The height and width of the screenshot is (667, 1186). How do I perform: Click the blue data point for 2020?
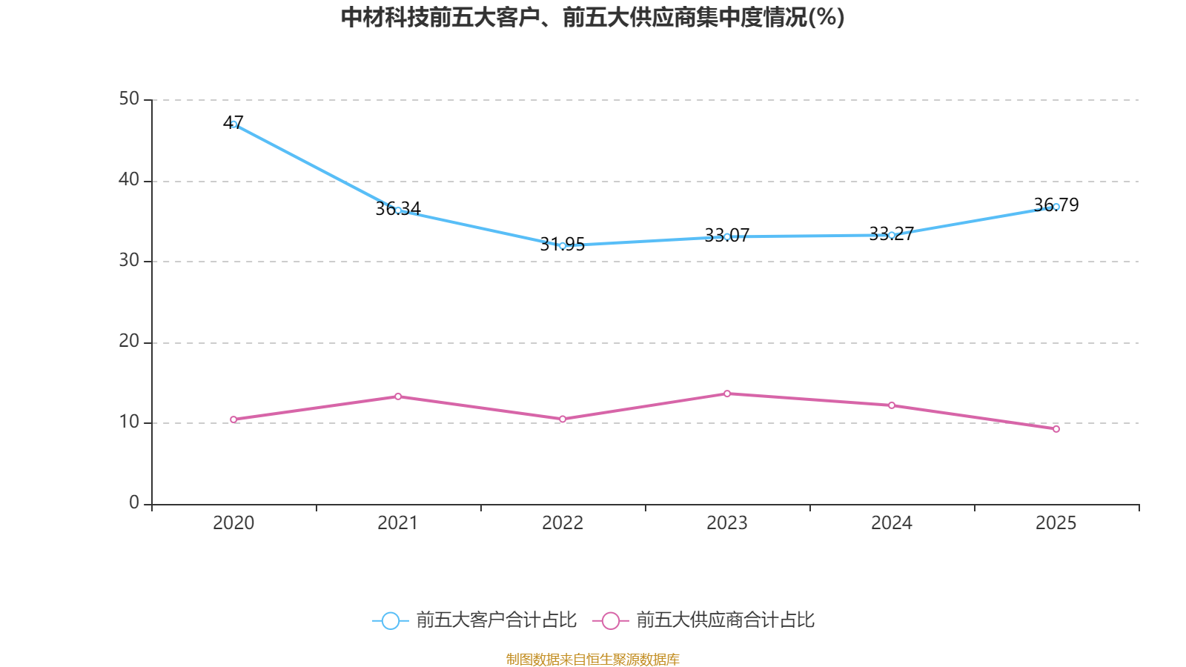pos(233,125)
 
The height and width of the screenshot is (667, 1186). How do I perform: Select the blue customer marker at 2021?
pos(398,210)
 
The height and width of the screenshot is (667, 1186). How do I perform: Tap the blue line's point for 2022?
pos(563,245)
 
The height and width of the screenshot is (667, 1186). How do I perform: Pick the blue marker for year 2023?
pos(727,236)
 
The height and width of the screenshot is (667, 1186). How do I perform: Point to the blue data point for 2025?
pos(1056,207)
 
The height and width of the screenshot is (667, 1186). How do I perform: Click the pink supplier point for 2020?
pos(233,419)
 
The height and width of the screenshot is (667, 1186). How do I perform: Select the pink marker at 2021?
pos(398,396)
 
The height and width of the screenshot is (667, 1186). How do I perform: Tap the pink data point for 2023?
pos(727,394)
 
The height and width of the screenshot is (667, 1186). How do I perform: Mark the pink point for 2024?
pos(892,405)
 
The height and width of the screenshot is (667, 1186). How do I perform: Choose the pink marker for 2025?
pos(1056,429)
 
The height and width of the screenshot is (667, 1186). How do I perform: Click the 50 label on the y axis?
pos(129,99)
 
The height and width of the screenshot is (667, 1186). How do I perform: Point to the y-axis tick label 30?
pos(129,261)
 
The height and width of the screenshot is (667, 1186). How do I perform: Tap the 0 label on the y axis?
pos(134,503)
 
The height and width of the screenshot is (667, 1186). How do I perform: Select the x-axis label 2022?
pos(563,523)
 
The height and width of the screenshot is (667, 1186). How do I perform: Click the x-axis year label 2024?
pos(892,523)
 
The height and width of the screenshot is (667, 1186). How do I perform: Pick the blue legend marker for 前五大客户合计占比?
pos(390,620)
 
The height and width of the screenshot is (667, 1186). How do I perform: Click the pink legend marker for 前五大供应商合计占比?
pos(610,620)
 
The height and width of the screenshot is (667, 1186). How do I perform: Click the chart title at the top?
pos(592,17)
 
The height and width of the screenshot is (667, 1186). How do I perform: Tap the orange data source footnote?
pos(592,659)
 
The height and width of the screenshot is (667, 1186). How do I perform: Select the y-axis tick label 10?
pos(129,422)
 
